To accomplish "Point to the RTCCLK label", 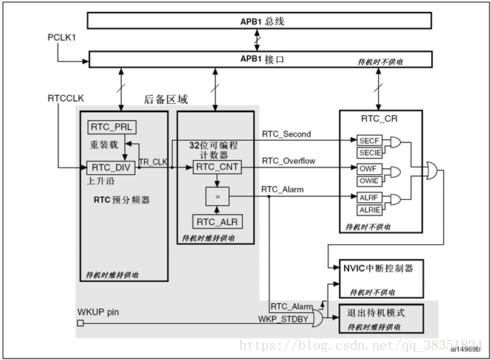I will pyautogui.click(x=66, y=97).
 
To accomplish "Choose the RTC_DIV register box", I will pyautogui.click(x=109, y=167).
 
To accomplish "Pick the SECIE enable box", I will pyautogui.click(x=369, y=152).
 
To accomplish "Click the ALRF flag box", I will pyautogui.click(x=368, y=198).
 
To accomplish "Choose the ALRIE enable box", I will pyautogui.click(x=369, y=210).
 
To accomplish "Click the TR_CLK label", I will pyautogui.click(x=154, y=162).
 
